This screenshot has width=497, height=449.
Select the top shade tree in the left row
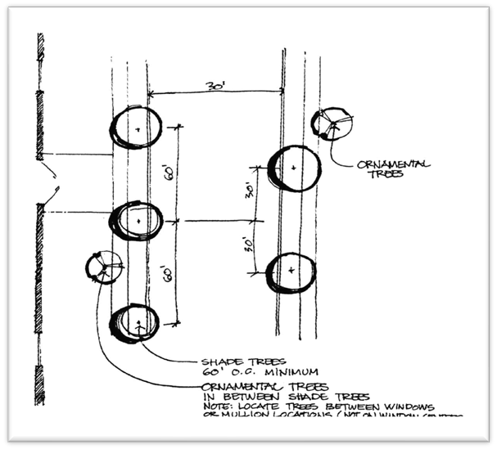(x=137, y=128)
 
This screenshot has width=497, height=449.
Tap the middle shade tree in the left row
(x=137, y=221)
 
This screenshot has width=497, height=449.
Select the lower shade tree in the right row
(x=291, y=272)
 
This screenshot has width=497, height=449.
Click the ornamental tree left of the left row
(x=104, y=267)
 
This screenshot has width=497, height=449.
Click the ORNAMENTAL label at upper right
(x=393, y=164)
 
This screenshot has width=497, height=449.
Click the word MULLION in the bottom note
(x=242, y=415)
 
